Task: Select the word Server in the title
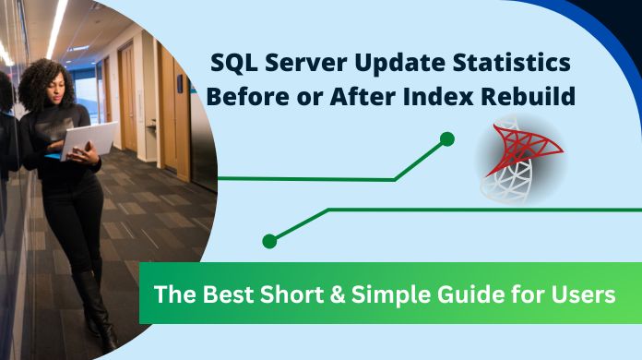[303, 64]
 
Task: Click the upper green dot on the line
[447, 139]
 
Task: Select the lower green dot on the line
[269, 241]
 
